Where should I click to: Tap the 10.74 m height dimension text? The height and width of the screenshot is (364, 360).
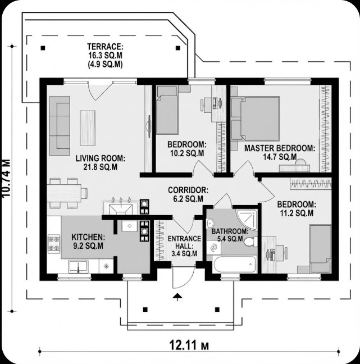(6, 178)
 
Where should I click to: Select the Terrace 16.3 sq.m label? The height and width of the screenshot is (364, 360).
(105, 55)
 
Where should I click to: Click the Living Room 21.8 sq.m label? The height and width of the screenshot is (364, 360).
(101, 162)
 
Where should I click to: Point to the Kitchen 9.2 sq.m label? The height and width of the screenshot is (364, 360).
(87, 241)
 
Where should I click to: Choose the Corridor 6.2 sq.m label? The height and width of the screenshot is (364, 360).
(188, 194)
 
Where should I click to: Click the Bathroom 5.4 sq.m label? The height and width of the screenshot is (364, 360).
(229, 235)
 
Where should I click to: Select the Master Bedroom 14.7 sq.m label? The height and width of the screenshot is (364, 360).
(279, 152)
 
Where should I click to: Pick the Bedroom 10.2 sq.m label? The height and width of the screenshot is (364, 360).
(186, 148)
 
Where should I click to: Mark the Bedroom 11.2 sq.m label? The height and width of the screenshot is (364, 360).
(295, 208)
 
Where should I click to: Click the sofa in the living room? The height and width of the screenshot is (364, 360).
(59, 125)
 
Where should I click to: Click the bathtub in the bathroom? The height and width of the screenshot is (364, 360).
(231, 263)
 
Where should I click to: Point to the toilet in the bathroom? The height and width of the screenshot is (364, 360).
(250, 242)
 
